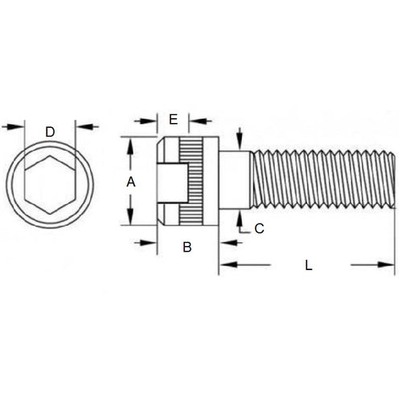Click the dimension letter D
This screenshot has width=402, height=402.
point(50,131)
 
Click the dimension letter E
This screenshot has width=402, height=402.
point(173,120)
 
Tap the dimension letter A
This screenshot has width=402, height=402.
point(130,183)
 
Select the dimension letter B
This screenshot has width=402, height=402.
point(187,247)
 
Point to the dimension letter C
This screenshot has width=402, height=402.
point(259,228)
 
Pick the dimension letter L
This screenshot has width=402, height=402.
point(309,265)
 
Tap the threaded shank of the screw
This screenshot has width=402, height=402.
point(322,183)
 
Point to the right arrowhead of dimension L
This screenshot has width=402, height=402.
point(391,265)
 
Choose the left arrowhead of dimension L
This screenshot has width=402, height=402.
point(224,265)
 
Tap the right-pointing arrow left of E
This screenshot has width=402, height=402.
point(151,121)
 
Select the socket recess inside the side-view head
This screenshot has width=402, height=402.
point(171,183)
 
